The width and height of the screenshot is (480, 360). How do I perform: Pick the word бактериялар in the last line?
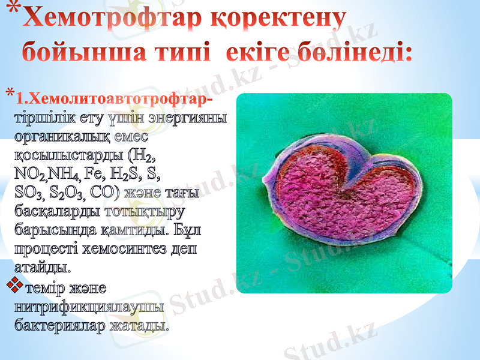(x=60, y=326)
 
